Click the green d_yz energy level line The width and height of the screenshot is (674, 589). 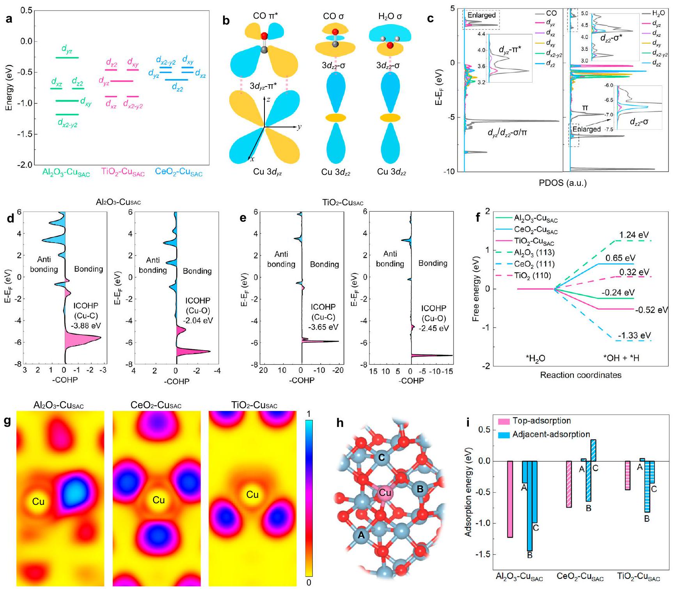pos(67,58)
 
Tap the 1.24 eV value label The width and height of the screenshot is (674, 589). pos(634,235)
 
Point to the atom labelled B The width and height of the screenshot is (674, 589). pos(420,489)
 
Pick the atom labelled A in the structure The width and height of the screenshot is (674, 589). pos(361,535)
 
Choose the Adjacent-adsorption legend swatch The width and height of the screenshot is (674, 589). pos(504,434)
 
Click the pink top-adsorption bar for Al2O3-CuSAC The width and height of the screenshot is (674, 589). pos(510,499)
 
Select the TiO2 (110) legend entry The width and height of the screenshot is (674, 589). pos(532,276)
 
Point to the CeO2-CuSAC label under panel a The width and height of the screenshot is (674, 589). pos(179,172)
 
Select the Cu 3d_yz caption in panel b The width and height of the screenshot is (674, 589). pos(268,172)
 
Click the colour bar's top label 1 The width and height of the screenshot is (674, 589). pos(309,414)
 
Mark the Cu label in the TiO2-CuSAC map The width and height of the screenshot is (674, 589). pos(252,495)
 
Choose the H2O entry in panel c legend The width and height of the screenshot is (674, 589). pos(658,14)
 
